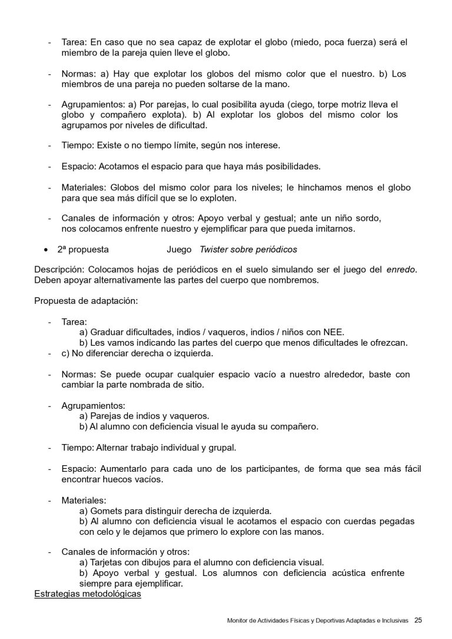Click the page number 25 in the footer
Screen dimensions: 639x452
[418, 620]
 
